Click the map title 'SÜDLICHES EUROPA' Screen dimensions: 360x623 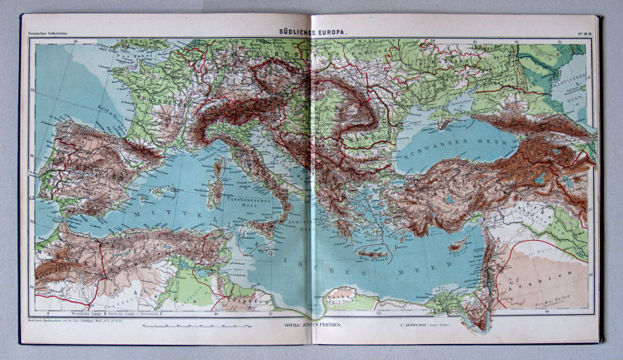coord(311,33)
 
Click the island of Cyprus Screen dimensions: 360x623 coord(457,247)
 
